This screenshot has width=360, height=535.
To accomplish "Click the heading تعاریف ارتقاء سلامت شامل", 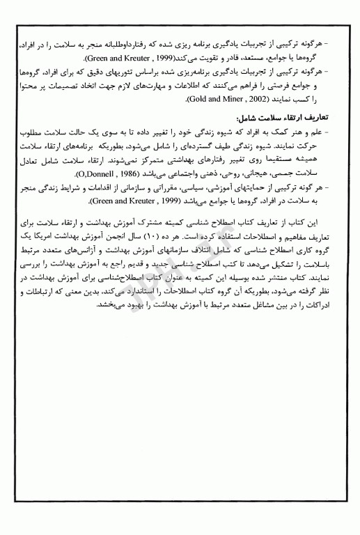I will (x=296, y=118).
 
